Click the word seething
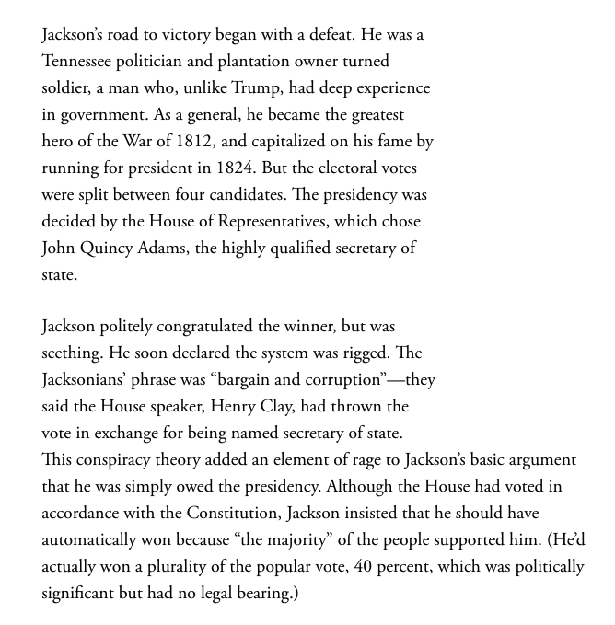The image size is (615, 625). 72,353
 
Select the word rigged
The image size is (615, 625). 357,353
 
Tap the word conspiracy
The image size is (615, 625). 120,459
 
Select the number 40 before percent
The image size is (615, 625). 364,566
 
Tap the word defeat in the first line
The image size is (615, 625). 331,34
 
